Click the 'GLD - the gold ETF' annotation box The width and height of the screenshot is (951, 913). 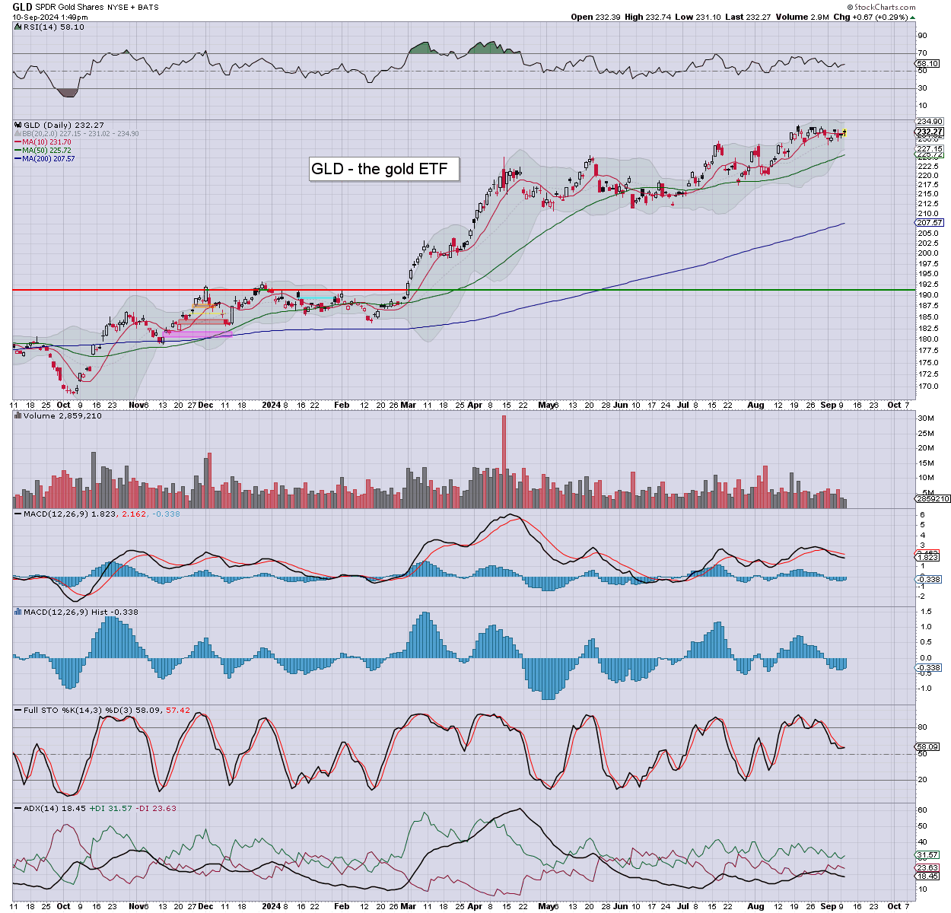tap(384, 169)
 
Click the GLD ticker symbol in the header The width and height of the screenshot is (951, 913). tap(22, 7)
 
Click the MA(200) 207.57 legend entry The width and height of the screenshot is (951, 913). tap(48, 159)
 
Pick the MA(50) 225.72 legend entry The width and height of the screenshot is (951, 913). tap(46, 151)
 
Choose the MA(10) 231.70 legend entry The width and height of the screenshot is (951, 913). tap(46, 142)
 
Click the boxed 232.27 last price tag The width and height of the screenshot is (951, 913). tap(930, 132)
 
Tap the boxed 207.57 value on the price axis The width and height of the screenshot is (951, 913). tap(930, 223)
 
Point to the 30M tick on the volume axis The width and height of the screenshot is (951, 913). tap(925, 418)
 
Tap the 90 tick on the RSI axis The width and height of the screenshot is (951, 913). tap(922, 35)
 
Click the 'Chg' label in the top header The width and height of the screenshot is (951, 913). tap(841, 17)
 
